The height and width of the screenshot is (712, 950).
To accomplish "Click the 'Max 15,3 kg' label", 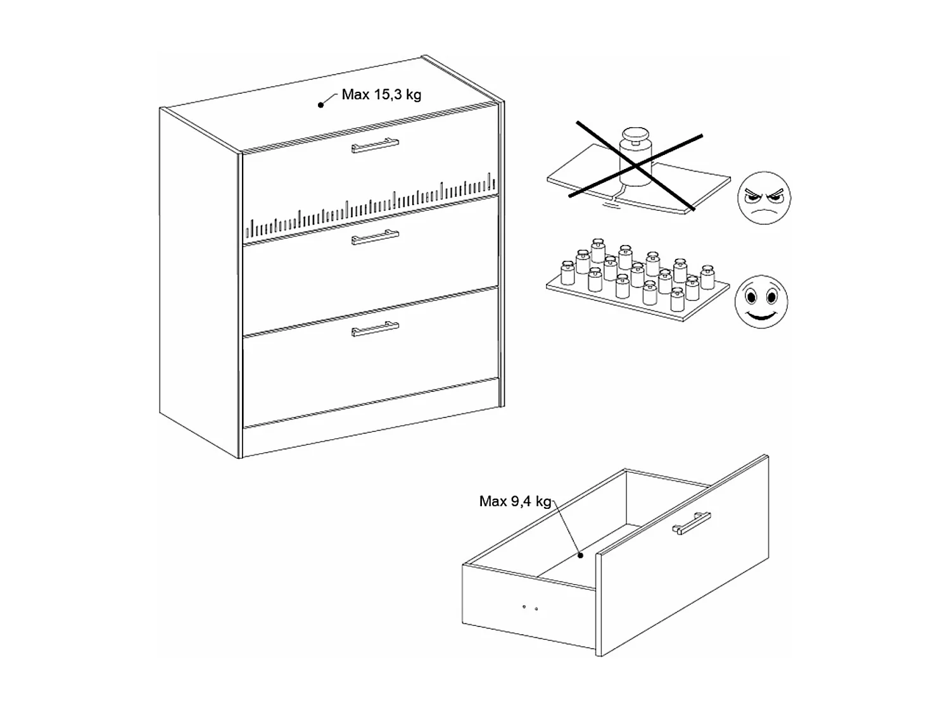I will [x=381, y=95].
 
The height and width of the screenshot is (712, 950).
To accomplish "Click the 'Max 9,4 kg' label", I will [x=515, y=502].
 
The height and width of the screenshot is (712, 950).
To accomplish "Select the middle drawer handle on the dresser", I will [x=376, y=237].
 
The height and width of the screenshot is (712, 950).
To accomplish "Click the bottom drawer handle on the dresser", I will [x=376, y=328].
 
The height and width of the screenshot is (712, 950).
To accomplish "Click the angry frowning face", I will [x=764, y=198].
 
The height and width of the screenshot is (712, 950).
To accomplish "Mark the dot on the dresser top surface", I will [x=320, y=105].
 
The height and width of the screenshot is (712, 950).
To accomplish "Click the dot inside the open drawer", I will [x=580, y=556].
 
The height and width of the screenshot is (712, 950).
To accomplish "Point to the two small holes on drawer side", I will [x=530, y=608].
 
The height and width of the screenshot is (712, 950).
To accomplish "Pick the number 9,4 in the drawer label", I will [x=521, y=502].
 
